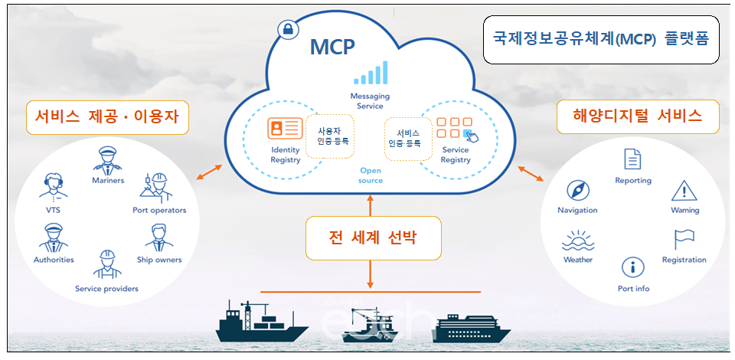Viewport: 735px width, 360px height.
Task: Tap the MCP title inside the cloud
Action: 332,47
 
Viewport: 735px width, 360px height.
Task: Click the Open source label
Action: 371,175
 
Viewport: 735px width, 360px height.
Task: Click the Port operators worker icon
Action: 158,188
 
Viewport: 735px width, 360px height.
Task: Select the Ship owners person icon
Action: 158,239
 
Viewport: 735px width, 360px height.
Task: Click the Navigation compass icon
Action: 577,191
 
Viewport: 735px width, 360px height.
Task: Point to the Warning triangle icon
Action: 684,189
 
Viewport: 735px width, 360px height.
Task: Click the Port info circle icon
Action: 632,268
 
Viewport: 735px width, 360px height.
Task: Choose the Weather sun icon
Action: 577,240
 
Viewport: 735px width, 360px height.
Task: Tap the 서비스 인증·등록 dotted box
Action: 403,137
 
